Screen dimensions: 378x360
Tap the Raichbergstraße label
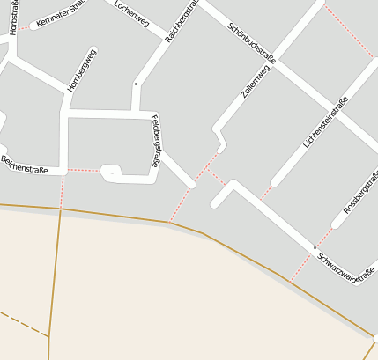pos(180,22)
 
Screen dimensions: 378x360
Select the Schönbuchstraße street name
pos(251,41)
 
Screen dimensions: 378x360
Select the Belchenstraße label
pos(24,164)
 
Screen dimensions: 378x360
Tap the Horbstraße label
pos(13,18)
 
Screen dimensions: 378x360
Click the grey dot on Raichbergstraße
pos(136,84)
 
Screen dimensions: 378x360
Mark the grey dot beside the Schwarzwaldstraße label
pos(314,248)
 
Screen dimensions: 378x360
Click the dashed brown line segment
pos(22,321)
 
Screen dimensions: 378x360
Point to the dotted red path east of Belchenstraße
pos(84,169)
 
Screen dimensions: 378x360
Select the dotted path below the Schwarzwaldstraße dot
pos(301,266)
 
